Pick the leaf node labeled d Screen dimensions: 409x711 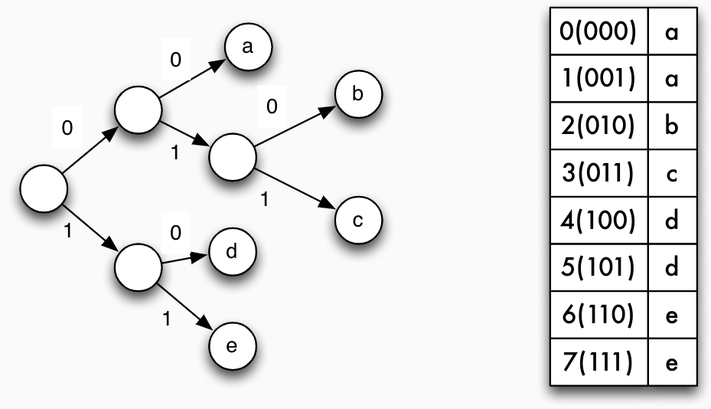(232, 251)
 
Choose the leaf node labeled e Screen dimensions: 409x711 (232, 346)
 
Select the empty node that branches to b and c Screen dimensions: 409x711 (232, 157)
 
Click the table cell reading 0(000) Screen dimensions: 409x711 (598, 33)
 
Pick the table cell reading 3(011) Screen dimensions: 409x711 (598, 174)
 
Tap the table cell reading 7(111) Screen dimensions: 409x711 (598, 361)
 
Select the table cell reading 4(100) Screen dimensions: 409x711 (598, 221)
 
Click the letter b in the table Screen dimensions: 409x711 (672, 126)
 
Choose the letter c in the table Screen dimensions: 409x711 (672, 175)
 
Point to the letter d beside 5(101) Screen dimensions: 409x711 (672, 267)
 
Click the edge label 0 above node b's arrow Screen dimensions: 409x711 (272, 106)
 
